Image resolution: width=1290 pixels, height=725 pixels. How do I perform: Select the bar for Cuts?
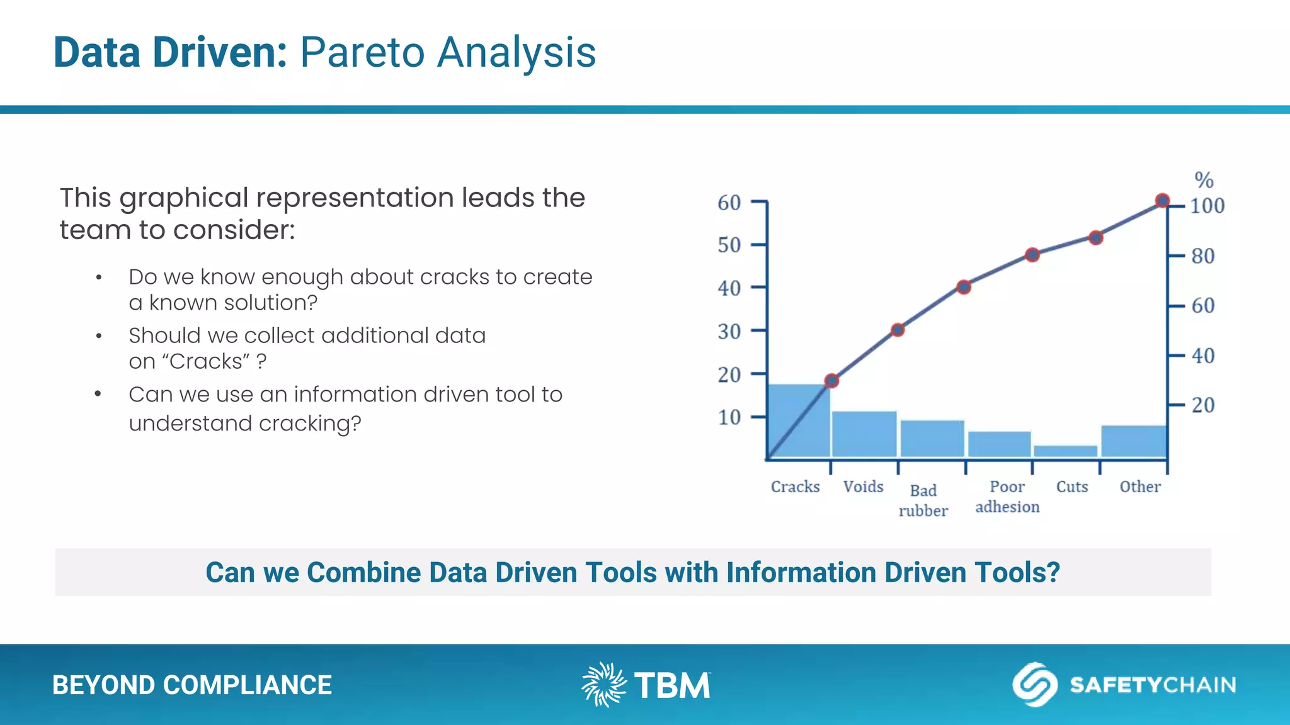(1065, 451)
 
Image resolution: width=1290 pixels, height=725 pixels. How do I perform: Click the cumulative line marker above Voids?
(898, 330)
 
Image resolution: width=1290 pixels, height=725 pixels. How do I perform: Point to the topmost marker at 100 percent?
(1162, 201)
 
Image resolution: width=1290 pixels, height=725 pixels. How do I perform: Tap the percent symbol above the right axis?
(1204, 180)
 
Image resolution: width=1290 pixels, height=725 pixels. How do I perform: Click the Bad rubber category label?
(923, 500)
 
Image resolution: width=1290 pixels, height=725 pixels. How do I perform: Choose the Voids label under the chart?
(863, 486)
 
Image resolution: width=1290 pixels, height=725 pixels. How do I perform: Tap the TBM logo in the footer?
(646, 685)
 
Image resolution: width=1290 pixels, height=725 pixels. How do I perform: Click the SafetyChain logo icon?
(1034, 684)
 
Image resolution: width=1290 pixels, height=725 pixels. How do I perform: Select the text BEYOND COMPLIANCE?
(191, 685)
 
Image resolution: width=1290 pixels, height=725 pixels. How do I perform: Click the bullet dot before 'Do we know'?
(99, 278)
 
